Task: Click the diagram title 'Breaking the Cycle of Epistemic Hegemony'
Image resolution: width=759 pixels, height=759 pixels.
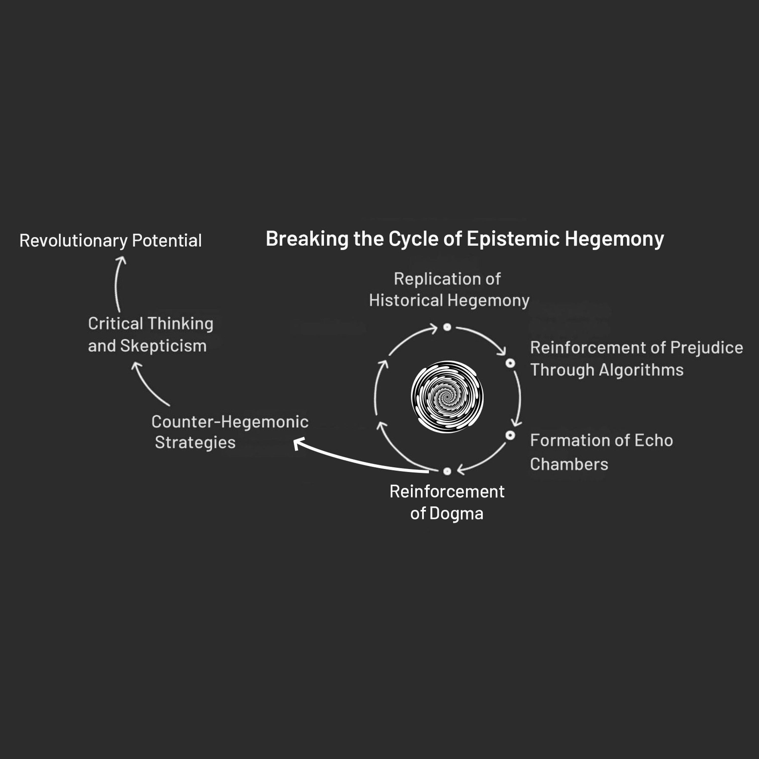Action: pyautogui.click(x=465, y=239)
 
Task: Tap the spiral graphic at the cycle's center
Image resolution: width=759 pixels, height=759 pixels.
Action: pyautogui.click(x=447, y=397)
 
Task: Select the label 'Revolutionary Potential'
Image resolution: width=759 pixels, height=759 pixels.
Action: pyautogui.click(x=110, y=240)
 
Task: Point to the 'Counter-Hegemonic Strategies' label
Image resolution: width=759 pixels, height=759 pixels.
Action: pyautogui.click(x=230, y=432)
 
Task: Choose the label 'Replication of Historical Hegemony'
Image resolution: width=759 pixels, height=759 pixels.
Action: pyautogui.click(x=449, y=289)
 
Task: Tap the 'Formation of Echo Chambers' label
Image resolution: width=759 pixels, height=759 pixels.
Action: pyautogui.click(x=601, y=452)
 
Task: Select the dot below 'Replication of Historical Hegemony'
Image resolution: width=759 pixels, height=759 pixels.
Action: pyautogui.click(x=447, y=327)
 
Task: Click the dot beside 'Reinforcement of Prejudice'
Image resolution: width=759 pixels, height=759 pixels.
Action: pyautogui.click(x=510, y=363)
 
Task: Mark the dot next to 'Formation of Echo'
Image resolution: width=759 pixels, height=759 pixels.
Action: pyautogui.click(x=510, y=435)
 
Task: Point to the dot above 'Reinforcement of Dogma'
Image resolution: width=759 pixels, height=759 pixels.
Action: pyautogui.click(x=447, y=471)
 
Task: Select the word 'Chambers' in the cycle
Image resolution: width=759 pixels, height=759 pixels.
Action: pyautogui.click(x=569, y=464)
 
